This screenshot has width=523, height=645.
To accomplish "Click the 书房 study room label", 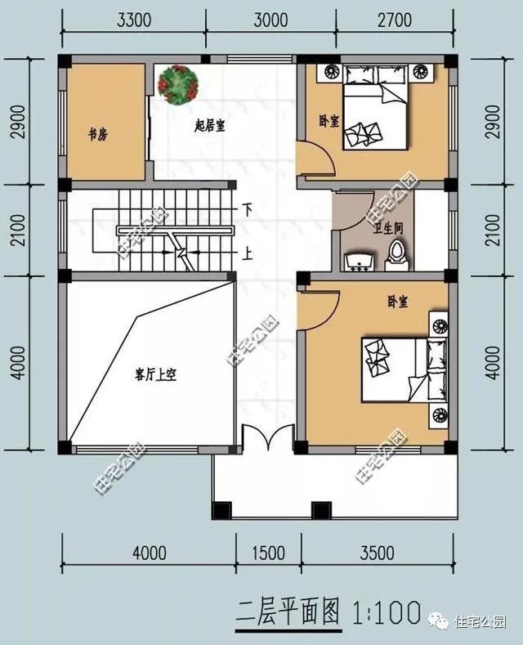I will click(x=97, y=134).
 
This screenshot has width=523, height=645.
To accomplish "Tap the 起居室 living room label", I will click(x=211, y=125).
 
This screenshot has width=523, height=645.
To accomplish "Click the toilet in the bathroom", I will click(x=396, y=255).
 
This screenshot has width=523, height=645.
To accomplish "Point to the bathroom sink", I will click(x=358, y=262).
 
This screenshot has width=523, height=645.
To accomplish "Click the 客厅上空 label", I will click(x=156, y=375).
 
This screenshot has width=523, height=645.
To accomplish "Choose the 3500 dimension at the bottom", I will click(x=378, y=553).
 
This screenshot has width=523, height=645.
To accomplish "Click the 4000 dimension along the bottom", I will click(x=150, y=553).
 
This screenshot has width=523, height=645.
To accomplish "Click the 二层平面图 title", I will click(x=288, y=611).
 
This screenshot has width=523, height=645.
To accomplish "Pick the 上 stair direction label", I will click(x=246, y=253).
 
